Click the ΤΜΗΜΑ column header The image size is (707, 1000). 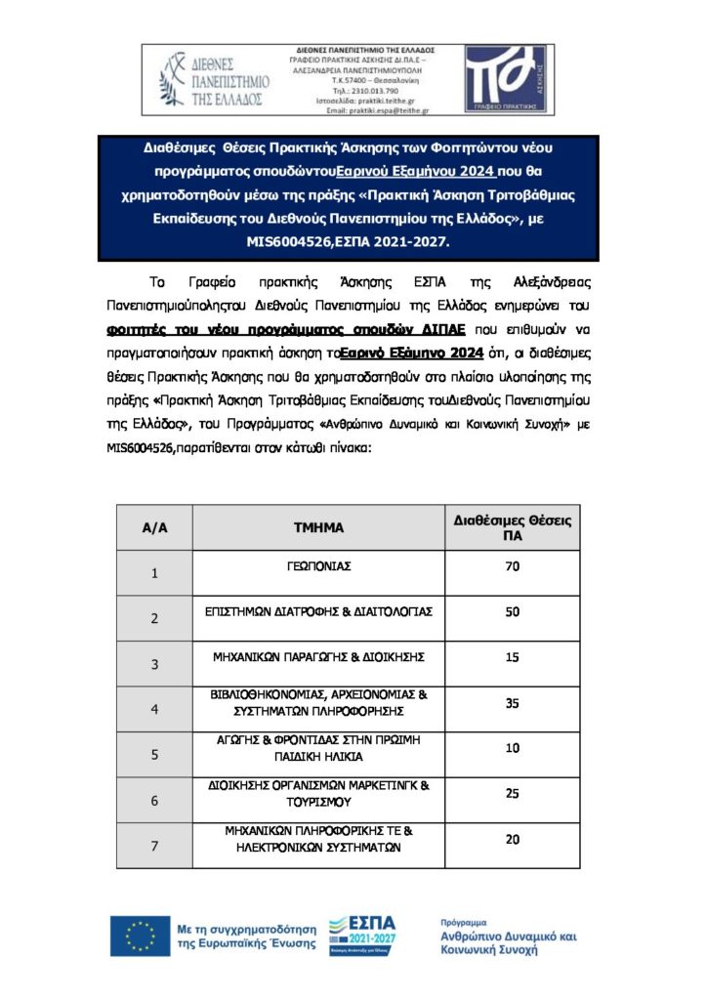tap(318, 527)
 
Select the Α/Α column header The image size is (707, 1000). tap(155, 527)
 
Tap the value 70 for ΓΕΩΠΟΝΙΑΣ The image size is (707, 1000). tap(512, 566)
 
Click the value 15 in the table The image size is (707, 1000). tap(512, 657)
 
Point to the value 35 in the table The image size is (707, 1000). tap(512, 702)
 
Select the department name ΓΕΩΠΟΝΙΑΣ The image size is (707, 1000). tap(318, 566)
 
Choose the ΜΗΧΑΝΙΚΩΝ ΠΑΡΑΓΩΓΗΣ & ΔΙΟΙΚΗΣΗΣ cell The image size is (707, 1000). tap(318, 657)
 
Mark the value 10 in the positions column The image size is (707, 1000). tap(512, 748)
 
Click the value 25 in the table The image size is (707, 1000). tap(512, 793)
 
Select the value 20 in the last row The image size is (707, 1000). tap(512, 839)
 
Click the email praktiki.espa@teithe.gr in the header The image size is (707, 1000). tap(377, 110)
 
